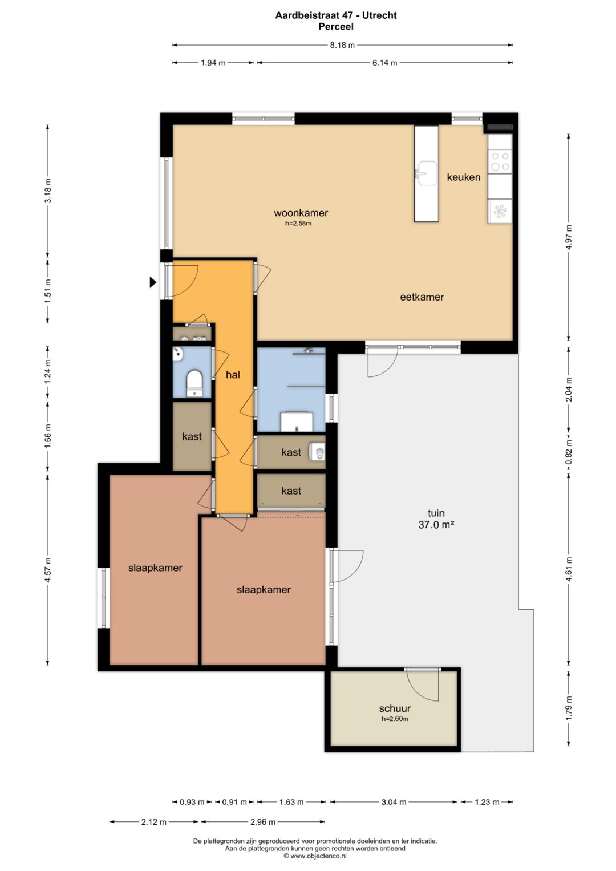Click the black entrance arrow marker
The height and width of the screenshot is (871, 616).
[153, 282]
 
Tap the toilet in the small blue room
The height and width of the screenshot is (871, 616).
[194, 383]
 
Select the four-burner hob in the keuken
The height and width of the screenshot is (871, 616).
[500, 161]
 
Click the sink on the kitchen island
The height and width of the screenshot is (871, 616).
[426, 174]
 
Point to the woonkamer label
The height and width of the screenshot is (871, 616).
[301, 213]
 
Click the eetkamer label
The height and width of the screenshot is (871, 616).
[422, 297]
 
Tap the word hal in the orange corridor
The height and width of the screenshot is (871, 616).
[233, 374]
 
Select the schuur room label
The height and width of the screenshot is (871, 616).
[395, 708]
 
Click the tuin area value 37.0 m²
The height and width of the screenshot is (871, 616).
[436, 525]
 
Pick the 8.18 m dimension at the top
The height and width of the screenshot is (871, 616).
[342, 45]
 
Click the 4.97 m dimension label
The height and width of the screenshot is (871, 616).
[569, 238]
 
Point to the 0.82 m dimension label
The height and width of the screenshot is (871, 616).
[569, 452]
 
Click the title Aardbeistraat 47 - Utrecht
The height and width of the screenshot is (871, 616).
[336, 15]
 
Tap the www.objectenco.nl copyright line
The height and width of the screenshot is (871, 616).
[315, 856]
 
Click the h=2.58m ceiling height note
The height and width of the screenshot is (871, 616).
[298, 224]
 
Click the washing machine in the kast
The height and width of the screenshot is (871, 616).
[317, 452]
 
